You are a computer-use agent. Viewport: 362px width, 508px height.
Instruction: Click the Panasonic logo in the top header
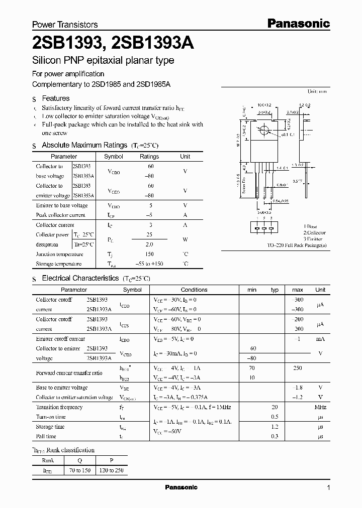298,23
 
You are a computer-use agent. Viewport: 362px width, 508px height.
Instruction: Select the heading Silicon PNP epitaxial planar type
103,61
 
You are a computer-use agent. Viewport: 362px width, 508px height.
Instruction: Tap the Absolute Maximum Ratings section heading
84,145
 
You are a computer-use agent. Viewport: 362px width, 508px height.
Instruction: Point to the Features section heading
55,98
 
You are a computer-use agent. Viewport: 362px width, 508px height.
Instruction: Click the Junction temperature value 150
149,255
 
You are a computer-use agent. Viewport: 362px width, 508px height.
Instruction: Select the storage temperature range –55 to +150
149,264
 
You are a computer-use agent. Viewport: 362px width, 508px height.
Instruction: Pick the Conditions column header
194,290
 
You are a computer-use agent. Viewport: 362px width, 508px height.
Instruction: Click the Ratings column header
149,157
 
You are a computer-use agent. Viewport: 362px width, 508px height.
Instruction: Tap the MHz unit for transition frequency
320,407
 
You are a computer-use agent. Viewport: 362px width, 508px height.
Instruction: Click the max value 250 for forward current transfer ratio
297,368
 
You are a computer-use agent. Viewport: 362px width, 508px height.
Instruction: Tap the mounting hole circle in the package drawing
264,132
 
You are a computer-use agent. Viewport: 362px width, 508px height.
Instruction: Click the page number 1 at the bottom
329,488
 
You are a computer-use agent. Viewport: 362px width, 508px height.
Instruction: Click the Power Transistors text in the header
65,25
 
